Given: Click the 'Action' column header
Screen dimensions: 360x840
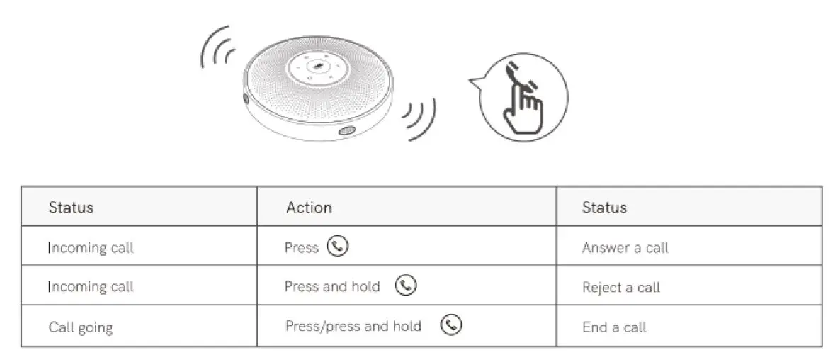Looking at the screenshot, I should tap(309, 208).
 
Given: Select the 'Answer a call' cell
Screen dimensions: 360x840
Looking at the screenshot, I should tap(625, 248).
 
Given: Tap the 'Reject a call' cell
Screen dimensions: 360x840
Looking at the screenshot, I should tap(620, 287).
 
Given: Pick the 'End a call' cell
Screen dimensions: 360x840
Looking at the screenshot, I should tap(614, 327).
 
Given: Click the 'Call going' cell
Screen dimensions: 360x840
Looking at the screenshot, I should tap(80, 327).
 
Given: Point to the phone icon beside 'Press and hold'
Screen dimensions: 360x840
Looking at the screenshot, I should tap(406, 286).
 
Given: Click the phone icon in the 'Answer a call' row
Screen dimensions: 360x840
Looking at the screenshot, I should tap(339, 247).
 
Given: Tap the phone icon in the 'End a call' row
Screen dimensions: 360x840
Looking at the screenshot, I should tap(451, 325).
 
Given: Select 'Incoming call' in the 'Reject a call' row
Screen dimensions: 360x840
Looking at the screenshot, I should tap(91, 287).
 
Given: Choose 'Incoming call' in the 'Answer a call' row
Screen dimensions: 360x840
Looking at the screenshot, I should tap(91, 248).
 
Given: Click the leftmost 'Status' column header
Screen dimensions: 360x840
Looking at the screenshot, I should tap(71, 208).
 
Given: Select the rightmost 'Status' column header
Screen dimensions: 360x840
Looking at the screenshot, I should tap(604, 208).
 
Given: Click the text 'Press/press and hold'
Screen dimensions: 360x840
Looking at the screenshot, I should tap(353, 326).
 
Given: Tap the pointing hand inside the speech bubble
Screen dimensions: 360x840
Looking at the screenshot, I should tap(522, 111).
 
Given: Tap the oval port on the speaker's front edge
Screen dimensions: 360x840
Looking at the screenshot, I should tap(346, 131).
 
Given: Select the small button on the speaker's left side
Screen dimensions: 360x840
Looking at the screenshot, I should tap(246, 100).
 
